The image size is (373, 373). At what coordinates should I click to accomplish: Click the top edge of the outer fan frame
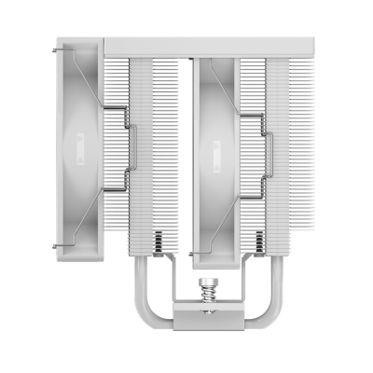pyautogui.click(x=82, y=42)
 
